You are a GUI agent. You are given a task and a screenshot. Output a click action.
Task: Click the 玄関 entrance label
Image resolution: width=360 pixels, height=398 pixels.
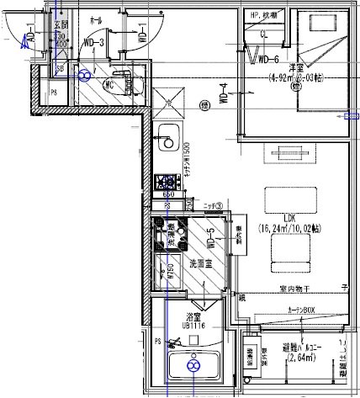(62, 25)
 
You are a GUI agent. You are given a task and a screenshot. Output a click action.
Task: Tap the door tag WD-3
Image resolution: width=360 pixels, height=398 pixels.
(94, 43)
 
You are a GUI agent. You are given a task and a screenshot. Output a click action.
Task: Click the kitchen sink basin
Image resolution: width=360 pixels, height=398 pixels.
(167, 134)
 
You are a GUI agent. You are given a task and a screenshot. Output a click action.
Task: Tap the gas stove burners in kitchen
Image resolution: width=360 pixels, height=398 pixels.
(165, 180)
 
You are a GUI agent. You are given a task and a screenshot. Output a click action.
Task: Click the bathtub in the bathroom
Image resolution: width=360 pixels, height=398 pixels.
(193, 367)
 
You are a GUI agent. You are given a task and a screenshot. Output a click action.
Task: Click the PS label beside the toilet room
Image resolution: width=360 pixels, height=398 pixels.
(54, 93)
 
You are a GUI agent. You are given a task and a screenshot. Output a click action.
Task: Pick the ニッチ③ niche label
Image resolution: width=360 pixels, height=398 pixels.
(212, 204)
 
